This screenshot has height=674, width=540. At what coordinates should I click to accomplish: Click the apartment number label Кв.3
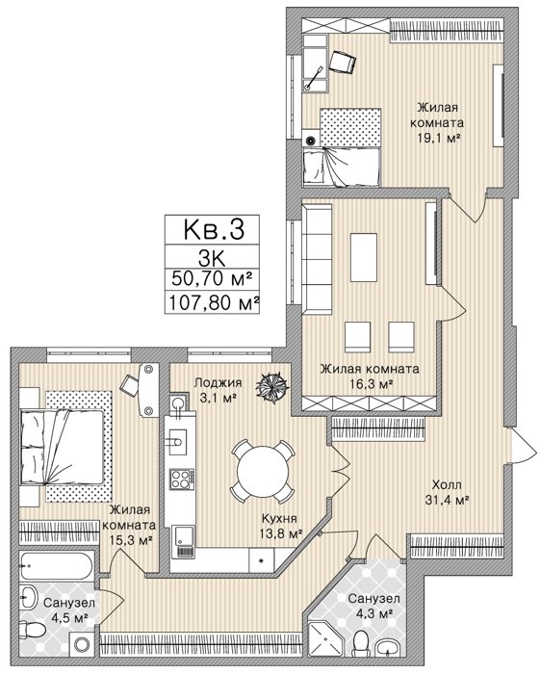214,229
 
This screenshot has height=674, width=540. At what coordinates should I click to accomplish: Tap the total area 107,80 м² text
213,303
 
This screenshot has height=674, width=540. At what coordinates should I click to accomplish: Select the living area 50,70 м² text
212,278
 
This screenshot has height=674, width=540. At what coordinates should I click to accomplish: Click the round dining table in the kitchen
263,471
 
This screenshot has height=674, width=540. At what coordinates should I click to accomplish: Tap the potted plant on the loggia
272,386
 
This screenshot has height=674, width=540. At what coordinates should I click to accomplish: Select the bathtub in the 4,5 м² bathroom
56,566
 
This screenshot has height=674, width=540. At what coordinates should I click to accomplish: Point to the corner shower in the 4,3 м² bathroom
324,640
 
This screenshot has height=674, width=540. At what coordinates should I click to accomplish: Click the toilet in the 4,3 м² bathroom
362,644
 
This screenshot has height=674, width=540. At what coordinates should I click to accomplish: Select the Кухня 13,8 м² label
278,526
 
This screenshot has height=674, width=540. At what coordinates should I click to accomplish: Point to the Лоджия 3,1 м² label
218,390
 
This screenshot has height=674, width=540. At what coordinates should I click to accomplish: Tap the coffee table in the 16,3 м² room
364,257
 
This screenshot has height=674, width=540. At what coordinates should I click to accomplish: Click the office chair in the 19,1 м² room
343,62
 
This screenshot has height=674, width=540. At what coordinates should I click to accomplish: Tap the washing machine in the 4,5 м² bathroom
81,644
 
